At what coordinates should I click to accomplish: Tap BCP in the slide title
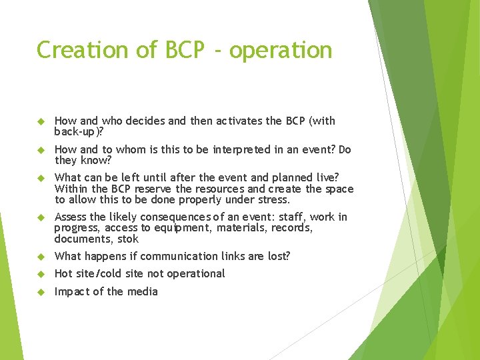[x=180, y=50]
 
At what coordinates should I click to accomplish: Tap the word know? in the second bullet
[x=95, y=160]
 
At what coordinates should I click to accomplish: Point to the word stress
[x=272, y=199]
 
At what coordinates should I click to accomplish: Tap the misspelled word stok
[x=127, y=239]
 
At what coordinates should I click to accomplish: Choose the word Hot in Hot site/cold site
[x=63, y=273]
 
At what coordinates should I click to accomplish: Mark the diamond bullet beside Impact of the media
[x=39, y=291]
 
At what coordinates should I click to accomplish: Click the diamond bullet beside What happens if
[x=39, y=256]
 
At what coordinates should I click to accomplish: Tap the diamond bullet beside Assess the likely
[x=39, y=217]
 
